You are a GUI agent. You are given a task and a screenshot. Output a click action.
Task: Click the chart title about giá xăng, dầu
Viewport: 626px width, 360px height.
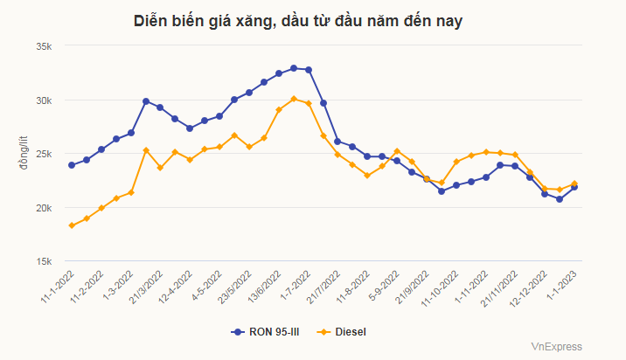pyautogui.click(x=298, y=21)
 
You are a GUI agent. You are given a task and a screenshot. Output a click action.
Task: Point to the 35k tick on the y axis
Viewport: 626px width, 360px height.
pyautogui.click(x=44, y=46)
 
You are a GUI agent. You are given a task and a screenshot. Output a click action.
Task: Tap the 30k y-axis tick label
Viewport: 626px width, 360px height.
pyautogui.click(x=44, y=100)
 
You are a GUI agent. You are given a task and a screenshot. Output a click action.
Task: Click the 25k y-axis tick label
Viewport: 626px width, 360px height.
pyautogui.click(x=44, y=155)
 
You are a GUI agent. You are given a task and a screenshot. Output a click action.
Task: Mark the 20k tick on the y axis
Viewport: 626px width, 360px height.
pyautogui.click(x=44, y=208)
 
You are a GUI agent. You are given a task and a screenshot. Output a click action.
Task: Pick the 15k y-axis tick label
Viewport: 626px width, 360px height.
pyautogui.click(x=44, y=262)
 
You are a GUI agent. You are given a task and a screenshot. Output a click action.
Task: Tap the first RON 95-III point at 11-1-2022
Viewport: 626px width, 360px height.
pyautogui.click(x=72, y=164)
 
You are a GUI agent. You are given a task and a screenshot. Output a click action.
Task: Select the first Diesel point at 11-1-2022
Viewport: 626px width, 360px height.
pyautogui.click(x=72, y=225)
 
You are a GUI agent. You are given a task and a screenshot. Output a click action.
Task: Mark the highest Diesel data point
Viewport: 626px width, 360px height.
pyautogui.click(x=294, y=99)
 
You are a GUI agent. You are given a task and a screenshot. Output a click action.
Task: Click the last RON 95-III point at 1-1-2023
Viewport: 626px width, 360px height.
pyautogui.click(x=574, y=187)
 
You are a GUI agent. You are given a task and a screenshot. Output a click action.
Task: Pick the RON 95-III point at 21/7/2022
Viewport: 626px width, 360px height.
pyautogui.click(x=323, y=103)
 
